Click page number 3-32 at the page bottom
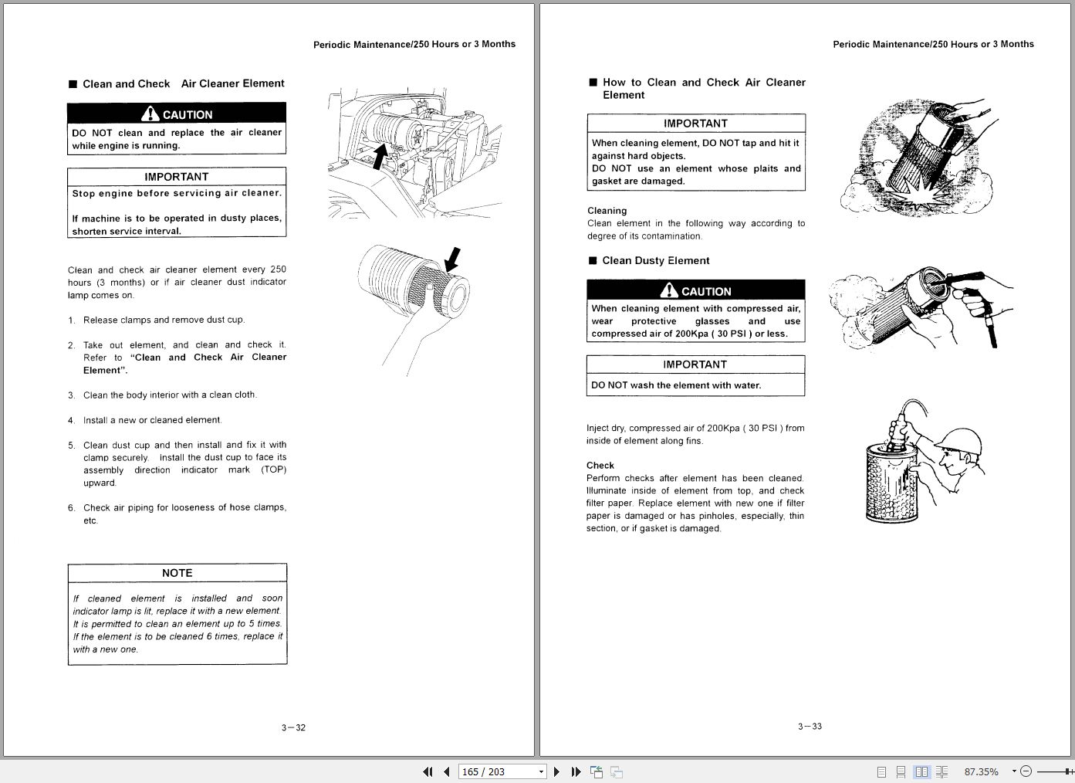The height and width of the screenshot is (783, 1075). [x=293, y=727]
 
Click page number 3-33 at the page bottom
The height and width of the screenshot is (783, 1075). [x=810, y=726]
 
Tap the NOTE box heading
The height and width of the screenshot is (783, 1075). [x=177, y=573]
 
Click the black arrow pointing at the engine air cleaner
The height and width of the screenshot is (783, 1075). [x=380, y=154]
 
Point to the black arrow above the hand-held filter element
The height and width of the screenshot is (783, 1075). [x=453, y=259]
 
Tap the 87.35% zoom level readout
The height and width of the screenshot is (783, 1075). [x=981, y=771]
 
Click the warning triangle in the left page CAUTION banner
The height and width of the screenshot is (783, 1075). [x=150, y=114]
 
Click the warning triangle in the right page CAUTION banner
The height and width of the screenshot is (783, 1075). [x=669, y=290]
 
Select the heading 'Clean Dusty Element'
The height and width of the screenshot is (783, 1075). [x=655, y=261]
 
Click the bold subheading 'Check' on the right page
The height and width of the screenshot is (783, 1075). [x=600, y=466]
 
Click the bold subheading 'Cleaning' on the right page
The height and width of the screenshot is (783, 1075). [x=607, y=211]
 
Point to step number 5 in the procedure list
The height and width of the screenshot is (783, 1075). [x=71, y=446]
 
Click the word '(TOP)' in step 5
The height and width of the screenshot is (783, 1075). [x=273, y=469]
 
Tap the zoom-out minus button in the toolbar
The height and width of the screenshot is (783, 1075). [x=1026, y=771]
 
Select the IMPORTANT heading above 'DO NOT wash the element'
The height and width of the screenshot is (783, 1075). [x=695, y=364]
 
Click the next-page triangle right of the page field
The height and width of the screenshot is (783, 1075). [x=557, y=771]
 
